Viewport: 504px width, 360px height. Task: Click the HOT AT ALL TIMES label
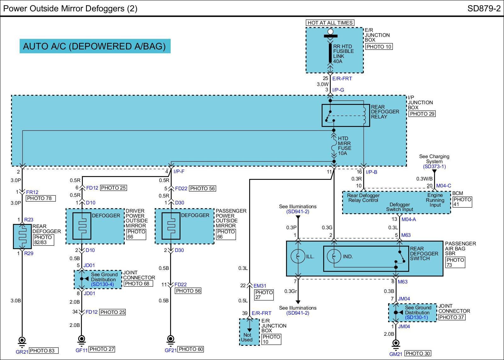click(x=330, y=23)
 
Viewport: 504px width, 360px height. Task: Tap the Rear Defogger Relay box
click(x=346, y=115)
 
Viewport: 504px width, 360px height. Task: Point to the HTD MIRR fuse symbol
click(x=334, y=147)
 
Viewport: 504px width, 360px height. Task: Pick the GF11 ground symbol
click(x=82, y=339)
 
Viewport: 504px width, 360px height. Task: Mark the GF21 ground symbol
click(x=170, y=339)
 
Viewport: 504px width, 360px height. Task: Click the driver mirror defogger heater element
click(x=82, y=226)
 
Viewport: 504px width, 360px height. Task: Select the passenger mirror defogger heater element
click(x=171, y=226)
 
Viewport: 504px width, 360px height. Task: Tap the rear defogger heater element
click(x=22, y=236)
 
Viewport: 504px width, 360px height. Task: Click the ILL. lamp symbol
click(x=298, y=256)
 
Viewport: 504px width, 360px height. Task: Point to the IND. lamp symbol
click(x=334, y=256)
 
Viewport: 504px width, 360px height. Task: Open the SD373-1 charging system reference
click(x=434, y=166)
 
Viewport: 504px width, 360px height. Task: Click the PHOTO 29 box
click(x=422, y=114)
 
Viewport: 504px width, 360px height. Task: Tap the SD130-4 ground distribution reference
click(x=102, y=284)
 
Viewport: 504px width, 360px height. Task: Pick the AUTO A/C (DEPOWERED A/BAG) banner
click(x=95, y=46)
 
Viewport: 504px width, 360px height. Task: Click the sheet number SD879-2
click(x=484, y=9)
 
